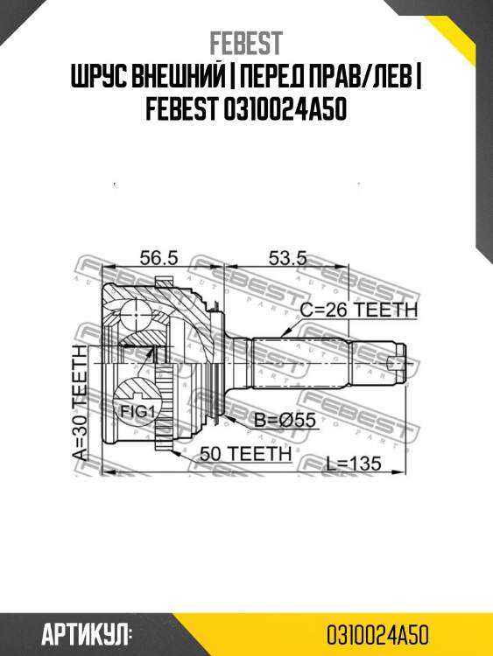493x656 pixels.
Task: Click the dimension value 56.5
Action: point(158,258)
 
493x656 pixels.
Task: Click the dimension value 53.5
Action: point(287,258)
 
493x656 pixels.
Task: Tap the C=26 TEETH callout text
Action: point(359,310)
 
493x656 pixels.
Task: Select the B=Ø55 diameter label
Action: point(285,421)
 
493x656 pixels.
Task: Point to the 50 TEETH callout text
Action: point(245,453)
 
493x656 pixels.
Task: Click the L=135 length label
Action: point(354,464)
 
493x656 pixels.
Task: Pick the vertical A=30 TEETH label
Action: point(80,403)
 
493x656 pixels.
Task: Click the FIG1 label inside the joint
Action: point(137,412)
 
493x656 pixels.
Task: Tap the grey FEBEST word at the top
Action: point(246,43)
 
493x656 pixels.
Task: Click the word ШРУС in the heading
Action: point(97,77)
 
